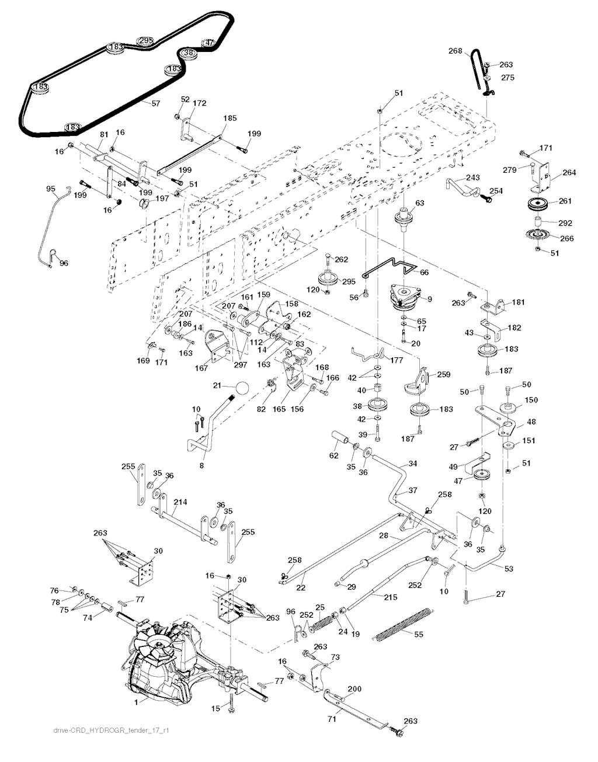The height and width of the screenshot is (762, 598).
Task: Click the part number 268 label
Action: pyautogui.click(x=455, y=51)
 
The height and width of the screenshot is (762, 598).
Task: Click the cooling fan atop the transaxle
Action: pyautogui.click(x=154, y=646)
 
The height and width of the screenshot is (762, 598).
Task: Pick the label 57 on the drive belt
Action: pyautogui.click(x=155, y=103)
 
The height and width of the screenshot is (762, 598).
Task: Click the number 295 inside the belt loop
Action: pyautogui.click(x=145, y=40)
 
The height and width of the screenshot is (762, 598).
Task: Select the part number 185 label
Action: pyautogui.click(x=230, y=118)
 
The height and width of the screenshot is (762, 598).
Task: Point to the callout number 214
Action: pyautogui.click(x=180, y=502)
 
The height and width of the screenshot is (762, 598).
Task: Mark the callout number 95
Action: pyautogui.click(x=50, y=188)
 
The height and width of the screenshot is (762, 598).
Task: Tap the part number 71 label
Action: pyautogui.click(x=331, y=719)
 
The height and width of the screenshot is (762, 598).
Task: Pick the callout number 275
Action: pyautogui.click(x=508, y=77)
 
